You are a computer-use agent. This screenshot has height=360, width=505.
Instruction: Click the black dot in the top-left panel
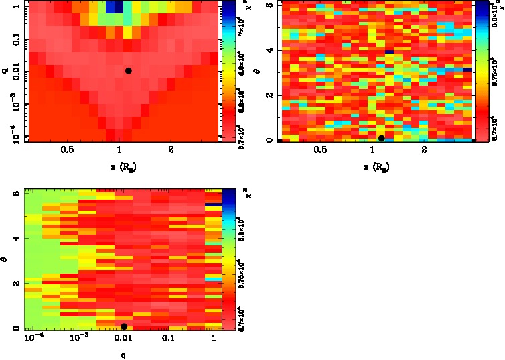tap(128, 70)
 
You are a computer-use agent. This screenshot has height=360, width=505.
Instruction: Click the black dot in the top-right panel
tap(382, 139)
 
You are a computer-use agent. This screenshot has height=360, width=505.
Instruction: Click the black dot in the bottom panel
tap(124, 326)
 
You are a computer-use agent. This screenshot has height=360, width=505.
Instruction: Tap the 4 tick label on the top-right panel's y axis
tap(267, 50)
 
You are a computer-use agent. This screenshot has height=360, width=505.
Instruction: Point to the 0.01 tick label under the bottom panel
tap(123, 339)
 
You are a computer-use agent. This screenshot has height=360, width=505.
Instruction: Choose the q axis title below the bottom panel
tap(123, 355)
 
